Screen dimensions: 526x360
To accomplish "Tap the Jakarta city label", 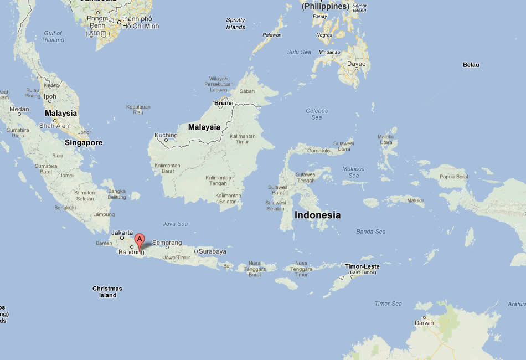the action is pyautogui.click(x=122, y=233).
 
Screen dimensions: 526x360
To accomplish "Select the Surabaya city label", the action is pyautogui.click(x=213, y=251).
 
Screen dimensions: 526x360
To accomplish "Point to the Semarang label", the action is pyautogui.click(x=167, y=243).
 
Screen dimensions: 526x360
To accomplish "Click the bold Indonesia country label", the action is pyautogui.click(x=317, y=215).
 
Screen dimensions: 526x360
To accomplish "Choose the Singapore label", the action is pyautogui.click(x=84, y=142).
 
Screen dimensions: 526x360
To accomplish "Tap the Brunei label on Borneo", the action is pyautogui.click(x=224, y=103).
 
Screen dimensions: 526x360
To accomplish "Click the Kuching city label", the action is pyautogui.click(x=166, y=135).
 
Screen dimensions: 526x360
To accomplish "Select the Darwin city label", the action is pyautogui.click(x=425, y=322).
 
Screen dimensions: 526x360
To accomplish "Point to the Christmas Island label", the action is pyautogui.click(x=107, y=292).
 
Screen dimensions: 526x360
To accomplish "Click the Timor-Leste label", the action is pyautogui.click(x=362, y=267).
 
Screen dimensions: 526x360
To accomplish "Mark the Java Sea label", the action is pyautogui.click(x=175, y=224).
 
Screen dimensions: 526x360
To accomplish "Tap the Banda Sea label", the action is pyautogui.click(x=371, y=232).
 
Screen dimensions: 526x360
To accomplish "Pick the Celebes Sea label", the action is pyautogui.click(x=317, y=114).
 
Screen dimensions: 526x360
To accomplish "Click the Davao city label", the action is pyautogui.click(x=357, y=64).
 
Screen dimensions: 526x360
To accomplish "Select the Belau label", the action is pyautogui.click(x=471, y=65).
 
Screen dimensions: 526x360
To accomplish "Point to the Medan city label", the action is pyautogui.click(x=19, y=109).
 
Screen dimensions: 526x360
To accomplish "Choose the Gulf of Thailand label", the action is pyautogui.click(x=53, y=37).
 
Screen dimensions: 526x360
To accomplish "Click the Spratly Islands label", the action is pyautogui.click(x=235, y=24).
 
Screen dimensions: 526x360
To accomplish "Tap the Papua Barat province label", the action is pyautogui.click(x=454, y=177).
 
